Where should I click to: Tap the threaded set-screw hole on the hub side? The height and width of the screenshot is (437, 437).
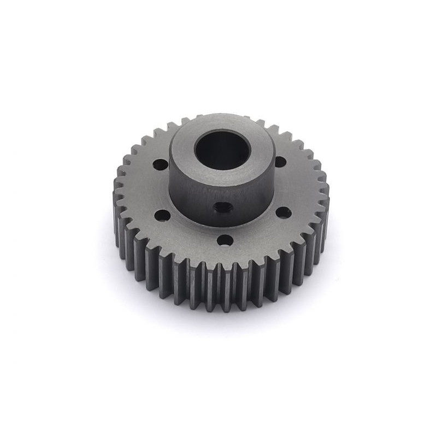[222, 207]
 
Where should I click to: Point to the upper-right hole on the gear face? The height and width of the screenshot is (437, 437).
[280, 162]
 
